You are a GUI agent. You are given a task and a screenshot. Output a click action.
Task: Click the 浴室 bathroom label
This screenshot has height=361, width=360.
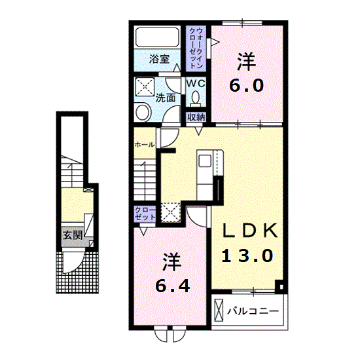(x=159, y=59)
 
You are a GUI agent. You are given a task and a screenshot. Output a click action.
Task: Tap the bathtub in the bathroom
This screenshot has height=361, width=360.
(x=157, y=37)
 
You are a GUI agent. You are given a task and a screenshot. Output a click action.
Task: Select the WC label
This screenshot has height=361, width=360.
(x=196, y=83)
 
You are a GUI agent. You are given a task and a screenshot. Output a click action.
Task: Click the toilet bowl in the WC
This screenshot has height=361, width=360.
(x=196, y=98)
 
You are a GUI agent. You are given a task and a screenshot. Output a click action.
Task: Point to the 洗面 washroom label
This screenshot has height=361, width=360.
(x=166, y=98)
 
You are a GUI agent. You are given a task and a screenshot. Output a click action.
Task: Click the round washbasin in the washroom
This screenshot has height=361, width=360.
(x=143, y=112)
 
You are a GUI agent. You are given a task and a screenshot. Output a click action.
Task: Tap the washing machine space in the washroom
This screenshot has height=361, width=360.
(x=145, y=86)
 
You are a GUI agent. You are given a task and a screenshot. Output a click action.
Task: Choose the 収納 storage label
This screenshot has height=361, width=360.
(x=196, y=117)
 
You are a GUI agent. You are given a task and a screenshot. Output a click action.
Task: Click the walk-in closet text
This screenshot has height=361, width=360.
(x=196, y=48)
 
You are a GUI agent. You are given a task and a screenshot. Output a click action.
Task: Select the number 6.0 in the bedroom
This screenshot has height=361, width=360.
(x=246, y=86)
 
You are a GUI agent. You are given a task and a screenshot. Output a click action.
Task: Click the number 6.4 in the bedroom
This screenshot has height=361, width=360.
(x=173, y=286)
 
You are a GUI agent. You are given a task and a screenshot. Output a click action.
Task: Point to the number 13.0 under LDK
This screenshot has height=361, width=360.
(x=247, y=256)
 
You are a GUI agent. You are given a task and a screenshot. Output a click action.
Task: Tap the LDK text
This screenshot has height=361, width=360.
(x=250, y=231)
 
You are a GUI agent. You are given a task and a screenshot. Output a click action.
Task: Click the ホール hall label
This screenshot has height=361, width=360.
(x=145, y=145)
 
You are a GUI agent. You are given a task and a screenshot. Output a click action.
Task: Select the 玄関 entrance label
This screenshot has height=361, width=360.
(x=73, y=235)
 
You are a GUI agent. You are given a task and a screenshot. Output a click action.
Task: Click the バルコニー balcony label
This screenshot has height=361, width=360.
(x=253, y=311)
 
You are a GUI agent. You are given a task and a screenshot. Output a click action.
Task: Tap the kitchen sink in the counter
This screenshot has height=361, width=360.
(x=205, y=161)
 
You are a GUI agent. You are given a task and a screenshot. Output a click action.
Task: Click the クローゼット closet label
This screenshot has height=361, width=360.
(x=145, y=214)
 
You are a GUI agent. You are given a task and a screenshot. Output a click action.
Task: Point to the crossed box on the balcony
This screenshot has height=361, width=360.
(x=219, y=310)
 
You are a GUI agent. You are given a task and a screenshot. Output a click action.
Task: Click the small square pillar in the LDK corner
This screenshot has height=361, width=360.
(x=281, y=287)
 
